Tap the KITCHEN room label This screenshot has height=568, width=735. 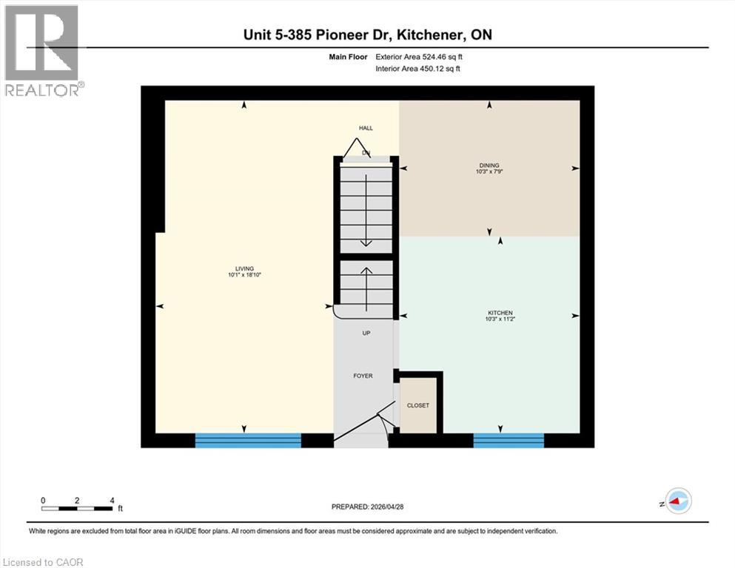tap(500, 313)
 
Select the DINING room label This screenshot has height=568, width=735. tap(489, 165)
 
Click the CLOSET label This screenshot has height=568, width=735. tap(418, 405)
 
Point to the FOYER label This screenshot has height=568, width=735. tap(363, 376)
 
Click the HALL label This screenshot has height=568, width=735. tap(366, 128)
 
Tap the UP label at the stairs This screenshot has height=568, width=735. tap(366, 333)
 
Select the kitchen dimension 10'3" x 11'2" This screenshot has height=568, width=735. tap(500, 319)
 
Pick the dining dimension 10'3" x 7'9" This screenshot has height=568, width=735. tap(489, 172)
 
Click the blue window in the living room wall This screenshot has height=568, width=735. tap(248, 441)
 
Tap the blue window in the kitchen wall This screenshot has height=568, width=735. tap(509, 441)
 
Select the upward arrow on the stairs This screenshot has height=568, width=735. tap(366, 281)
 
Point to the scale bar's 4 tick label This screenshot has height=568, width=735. tap(112, 500)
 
